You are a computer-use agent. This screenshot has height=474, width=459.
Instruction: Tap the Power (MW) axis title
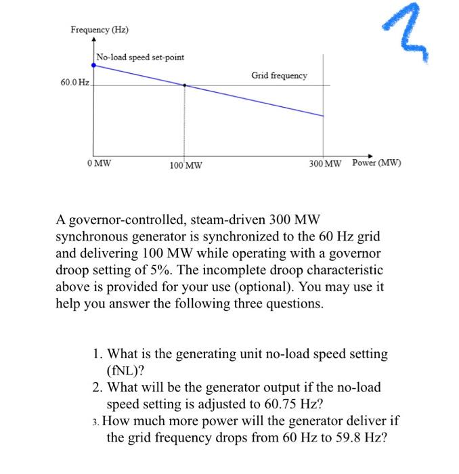(377, 163)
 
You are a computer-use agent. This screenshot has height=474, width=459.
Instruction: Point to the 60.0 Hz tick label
(74, 83)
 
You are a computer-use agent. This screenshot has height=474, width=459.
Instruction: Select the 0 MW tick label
(100, 163)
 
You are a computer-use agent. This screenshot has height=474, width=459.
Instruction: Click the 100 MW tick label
(185, 165)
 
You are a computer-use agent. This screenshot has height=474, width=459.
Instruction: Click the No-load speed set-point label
(140, 57)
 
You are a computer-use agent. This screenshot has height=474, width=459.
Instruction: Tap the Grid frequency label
(279, 75)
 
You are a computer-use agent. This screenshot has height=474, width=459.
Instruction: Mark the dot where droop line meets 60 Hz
(185, 85)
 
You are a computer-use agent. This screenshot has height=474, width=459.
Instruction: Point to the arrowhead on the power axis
(371, 153)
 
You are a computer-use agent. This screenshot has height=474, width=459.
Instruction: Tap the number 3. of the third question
(97, 421)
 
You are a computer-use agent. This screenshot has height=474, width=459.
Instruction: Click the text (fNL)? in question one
(126, 370)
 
